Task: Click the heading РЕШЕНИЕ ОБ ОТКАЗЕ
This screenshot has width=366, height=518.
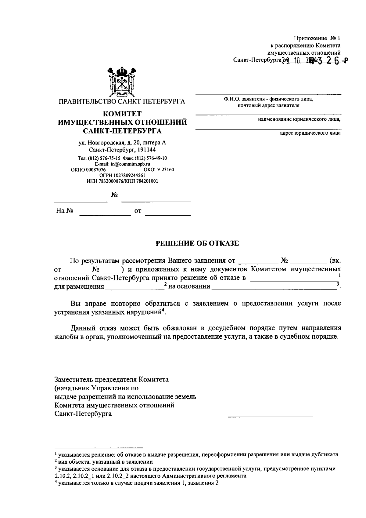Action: [197, 243]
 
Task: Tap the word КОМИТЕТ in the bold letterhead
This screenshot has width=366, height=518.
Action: [122, 114]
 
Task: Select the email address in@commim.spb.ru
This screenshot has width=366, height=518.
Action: [122, 164]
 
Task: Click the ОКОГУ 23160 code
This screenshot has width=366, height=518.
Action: [159, 170]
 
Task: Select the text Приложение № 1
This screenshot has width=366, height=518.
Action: [317, 38]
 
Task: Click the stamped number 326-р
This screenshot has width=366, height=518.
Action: [332, 61]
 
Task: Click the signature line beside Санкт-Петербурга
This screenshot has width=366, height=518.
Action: [270, 416]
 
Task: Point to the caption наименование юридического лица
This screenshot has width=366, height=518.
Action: [299, 119]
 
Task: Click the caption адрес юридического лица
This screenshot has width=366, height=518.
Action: [310, 133]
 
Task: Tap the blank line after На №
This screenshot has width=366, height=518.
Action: [105, 214]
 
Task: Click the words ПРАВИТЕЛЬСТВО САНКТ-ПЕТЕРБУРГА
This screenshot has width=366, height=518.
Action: [122, 101]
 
